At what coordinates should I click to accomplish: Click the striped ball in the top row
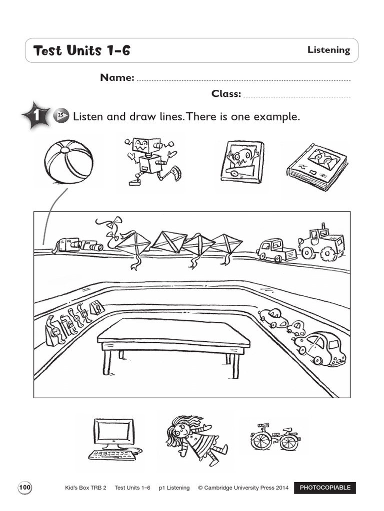[x=68, y=162]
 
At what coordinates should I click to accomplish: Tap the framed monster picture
[x=242, y=162]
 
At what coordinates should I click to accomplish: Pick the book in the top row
[x=316, y=167]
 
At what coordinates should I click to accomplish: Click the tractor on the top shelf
[x=322, y=243]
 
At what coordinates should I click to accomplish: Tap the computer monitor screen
[x=113, y=432]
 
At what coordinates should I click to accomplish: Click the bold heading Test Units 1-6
[x=81, y=50]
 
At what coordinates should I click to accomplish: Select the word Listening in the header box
[x=328, y=50]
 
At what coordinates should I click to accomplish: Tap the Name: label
[x=117, y=77]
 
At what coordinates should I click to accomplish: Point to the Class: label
[x=226, y=93]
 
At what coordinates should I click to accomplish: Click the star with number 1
[x=36, y=117]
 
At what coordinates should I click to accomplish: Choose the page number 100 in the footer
[x=25, y=488]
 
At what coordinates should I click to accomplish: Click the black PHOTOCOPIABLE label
[x=325, y=488]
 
